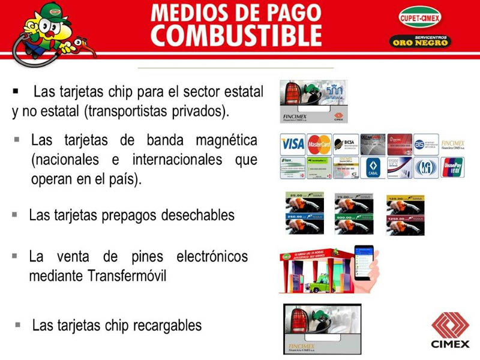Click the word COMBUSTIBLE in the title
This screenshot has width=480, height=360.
click(236, 36)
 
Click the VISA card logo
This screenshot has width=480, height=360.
click(292, 145)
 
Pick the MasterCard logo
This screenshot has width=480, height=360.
click(319, 145)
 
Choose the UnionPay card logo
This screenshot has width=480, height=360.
click(452, 167)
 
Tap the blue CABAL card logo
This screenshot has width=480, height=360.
click(372, 167)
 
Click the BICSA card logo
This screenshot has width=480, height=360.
click(346, 145)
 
